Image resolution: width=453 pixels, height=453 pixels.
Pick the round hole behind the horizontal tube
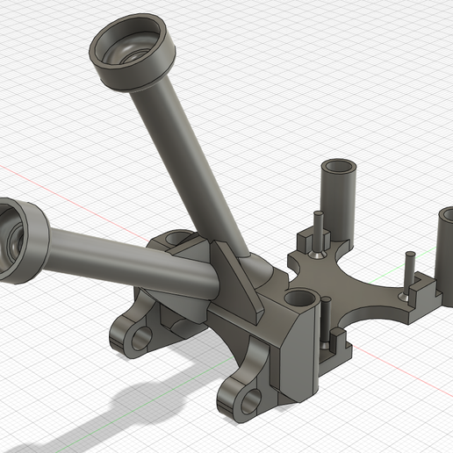178,238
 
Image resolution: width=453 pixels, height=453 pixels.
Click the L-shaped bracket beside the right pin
425,290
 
